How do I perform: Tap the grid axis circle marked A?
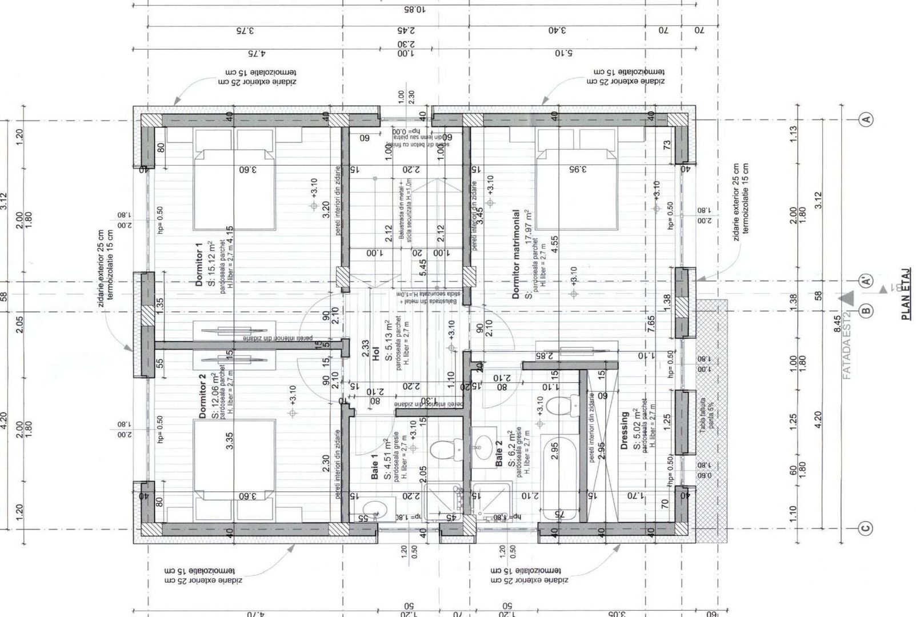point(866,119)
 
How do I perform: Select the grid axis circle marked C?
point(866,528)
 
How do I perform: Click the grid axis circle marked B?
point(866,311)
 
